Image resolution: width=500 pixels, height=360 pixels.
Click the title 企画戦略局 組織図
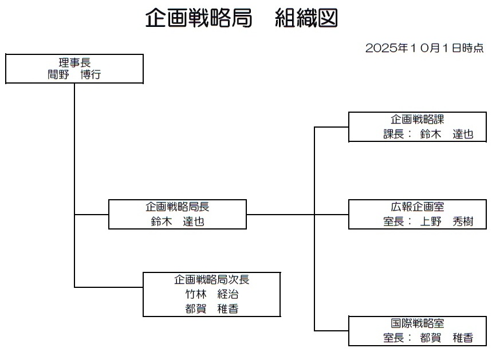(x=241, y=18)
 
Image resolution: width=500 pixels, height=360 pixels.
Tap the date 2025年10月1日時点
(x=424, y=48)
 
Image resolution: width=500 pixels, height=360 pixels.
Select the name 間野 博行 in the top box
(x=74, y=74)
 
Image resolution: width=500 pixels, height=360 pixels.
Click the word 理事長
(x=74, y=62)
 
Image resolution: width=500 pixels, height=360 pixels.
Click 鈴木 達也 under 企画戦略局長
(x=178, y=221)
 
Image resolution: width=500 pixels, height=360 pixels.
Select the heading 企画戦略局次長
(x=212, y=280)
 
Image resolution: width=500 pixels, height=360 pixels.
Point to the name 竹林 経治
(x=211, y=295)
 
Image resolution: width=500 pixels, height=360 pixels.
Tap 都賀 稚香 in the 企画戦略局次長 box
(x=211, y=309)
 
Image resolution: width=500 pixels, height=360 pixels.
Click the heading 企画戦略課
(x=418, y=120)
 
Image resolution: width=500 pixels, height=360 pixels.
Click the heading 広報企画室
(x=418, y=207)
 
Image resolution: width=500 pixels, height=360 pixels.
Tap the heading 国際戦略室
(x=418, y=324)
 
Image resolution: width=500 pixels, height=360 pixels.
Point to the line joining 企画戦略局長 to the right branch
(x=281, y=215)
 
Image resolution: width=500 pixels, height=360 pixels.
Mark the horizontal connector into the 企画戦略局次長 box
(x=109, y=287)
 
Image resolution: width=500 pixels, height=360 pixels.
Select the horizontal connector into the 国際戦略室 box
(x=332, y=331)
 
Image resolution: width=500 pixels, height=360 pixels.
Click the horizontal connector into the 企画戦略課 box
(x=332, y=127)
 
